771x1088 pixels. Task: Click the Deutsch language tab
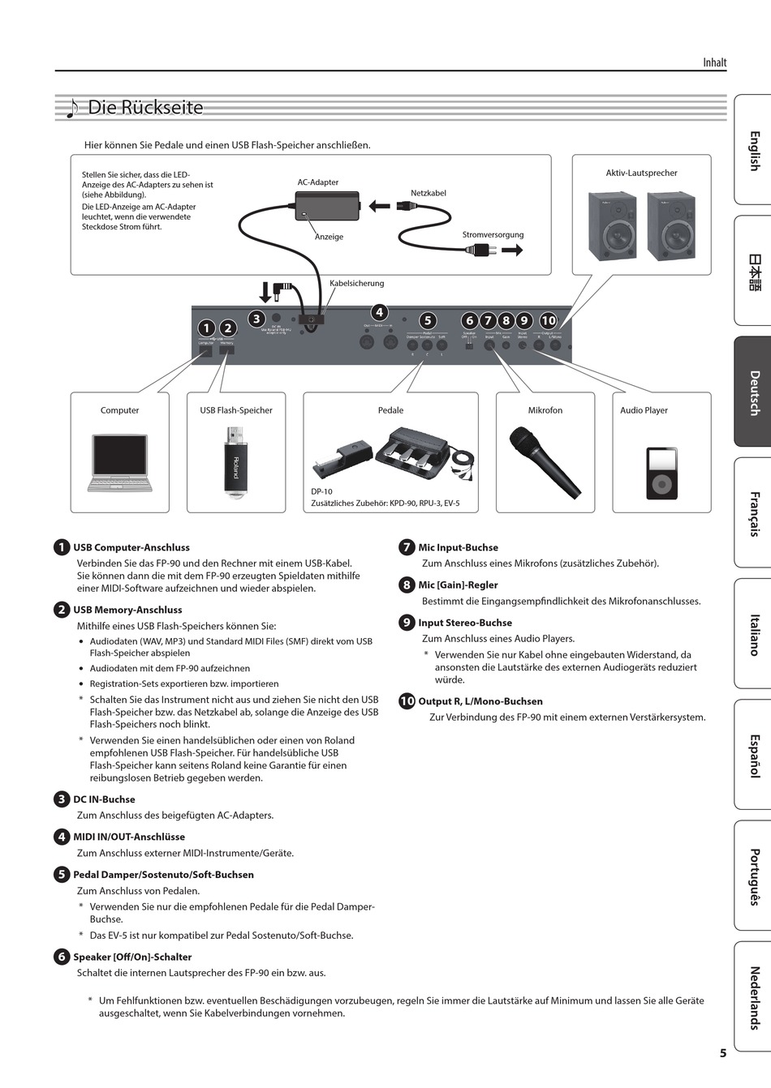pyautogui.click(x=753, y=392)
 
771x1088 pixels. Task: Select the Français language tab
pyautogui.click(x=753, y=513)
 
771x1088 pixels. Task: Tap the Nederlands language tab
pyautogui.click(x=753, y=997)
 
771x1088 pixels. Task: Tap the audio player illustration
pyautogui.click(x=661, y=473)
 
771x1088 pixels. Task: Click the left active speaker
pyautogui.click(x=613, y=226)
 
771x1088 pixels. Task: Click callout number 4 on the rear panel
pyautogui.click(x=379, y=312)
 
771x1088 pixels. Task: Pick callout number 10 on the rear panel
pyautogui.click(x=549, y=320)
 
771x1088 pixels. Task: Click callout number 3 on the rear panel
pyautogui.click(x=256, y=319)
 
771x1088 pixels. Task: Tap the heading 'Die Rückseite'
pyautogui.click(x=145, y=108)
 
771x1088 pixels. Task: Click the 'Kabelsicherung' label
pyautogui.click(x=356, y=284)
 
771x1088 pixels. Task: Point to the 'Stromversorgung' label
pyautogui.click(x=493, y=235)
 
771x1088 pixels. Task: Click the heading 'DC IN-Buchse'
pyautogui.click(x=104, y=799)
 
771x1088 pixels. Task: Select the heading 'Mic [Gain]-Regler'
pyautogui.click(x=458, y=585)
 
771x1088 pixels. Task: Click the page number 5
pyautogui.click(x=722, y=1053)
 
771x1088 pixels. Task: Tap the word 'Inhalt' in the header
pyautogui.click(x=714, y=62)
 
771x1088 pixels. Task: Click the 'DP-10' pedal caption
pyautogui.click(x=321, y=491)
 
